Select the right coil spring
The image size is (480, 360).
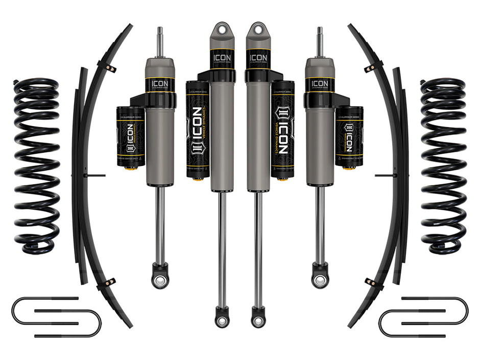(x=443, y=166)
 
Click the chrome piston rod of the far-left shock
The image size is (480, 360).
(x=160, y=225)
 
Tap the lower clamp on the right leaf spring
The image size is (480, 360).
(x=373, y=282)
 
